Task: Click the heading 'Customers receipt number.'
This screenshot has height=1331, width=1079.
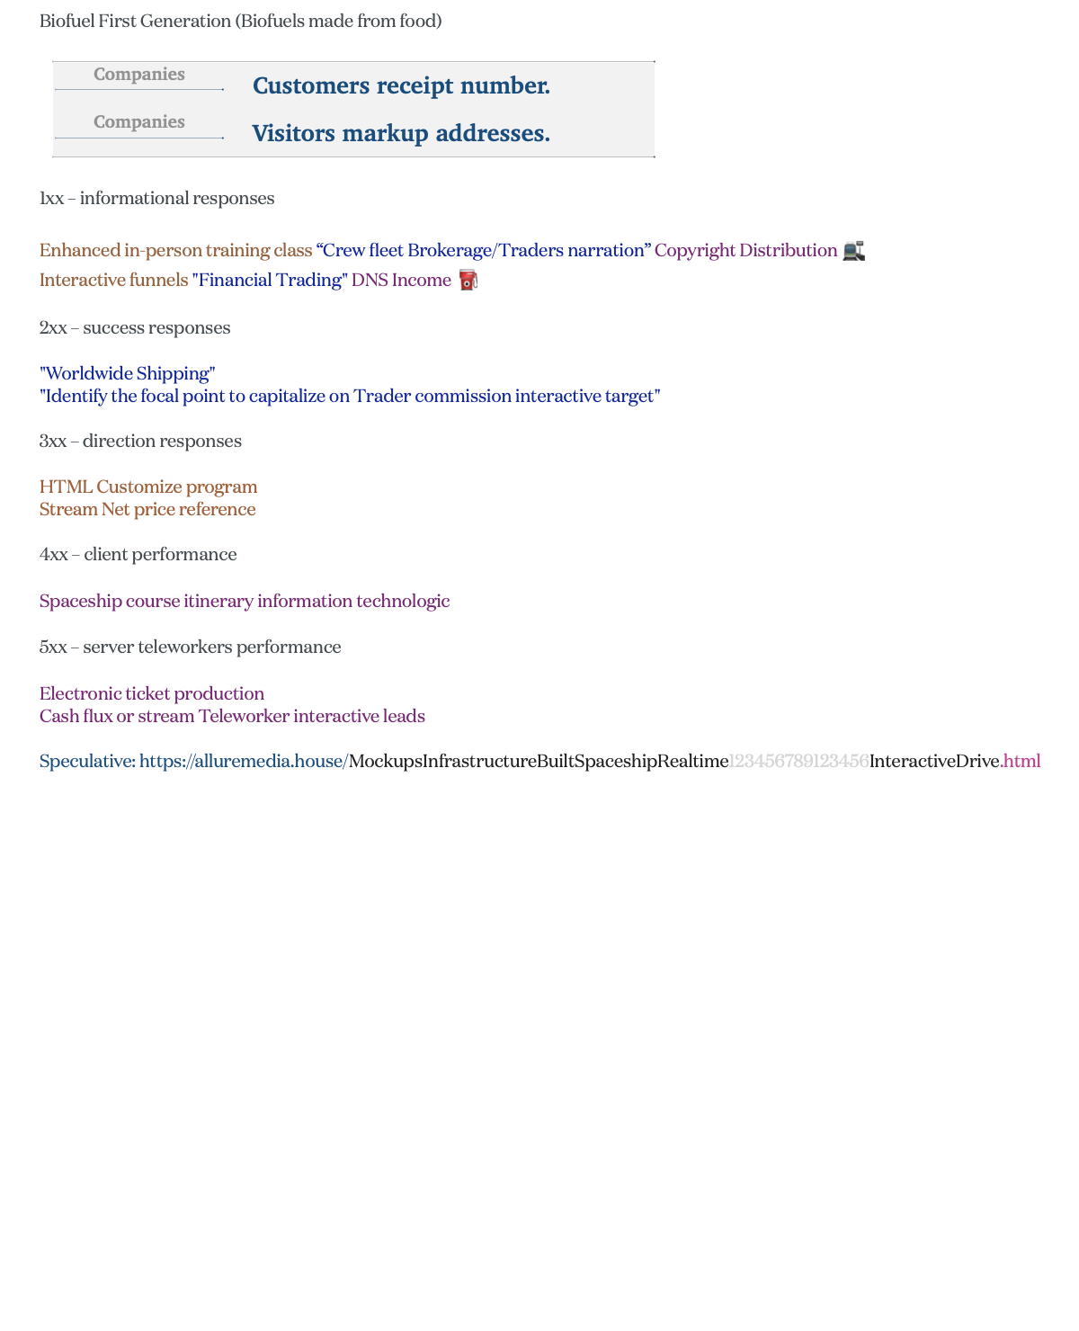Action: (401, 86)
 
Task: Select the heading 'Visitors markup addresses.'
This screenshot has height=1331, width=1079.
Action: (401, 134)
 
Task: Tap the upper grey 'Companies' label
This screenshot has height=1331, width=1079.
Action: (139, 75)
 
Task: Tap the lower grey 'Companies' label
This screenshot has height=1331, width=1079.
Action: (139, 122)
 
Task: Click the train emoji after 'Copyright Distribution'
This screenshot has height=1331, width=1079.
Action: (853, 251)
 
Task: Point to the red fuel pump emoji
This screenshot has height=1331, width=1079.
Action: (468, 281)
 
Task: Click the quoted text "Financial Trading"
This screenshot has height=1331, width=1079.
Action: (270, 281)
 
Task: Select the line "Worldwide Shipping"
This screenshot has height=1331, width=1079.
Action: (128, 374)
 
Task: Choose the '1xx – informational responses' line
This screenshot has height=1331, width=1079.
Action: (157, 199)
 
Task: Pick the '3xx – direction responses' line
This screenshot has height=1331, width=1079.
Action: (140, 442)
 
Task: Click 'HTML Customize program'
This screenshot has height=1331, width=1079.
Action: (148, 487)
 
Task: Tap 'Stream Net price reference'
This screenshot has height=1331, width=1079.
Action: (147, 510)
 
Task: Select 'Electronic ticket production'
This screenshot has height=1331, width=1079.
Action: (152, 694)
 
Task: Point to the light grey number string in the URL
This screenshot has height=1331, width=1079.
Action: (798, 762)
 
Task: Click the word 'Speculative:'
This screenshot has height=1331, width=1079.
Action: (87, 762)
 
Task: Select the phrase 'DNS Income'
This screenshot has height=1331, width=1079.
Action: (401, 281)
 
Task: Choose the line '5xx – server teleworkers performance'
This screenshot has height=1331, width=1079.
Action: (190, 648)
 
